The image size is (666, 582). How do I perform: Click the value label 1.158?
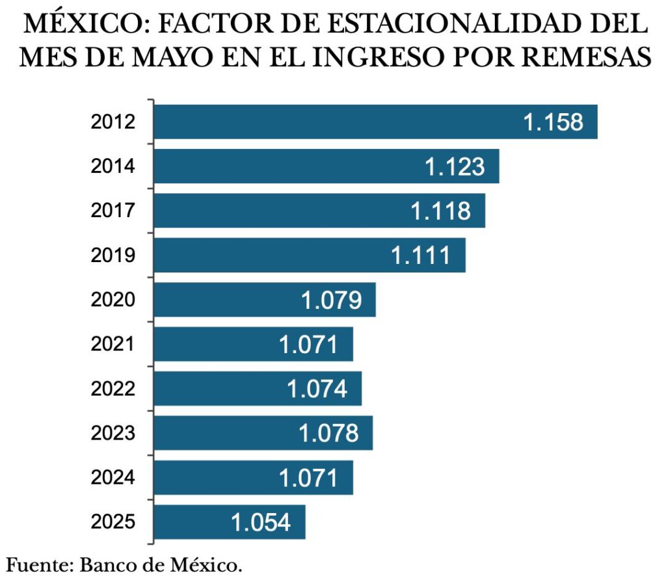click(x=553, y=122)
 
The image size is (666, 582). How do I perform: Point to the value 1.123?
click(x=455, y=166)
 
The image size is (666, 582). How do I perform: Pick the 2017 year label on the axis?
click(x=113, y=211)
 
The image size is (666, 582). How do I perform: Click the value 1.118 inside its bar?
click(x=441, y=211)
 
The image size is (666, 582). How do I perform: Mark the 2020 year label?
click(x=113, y=300)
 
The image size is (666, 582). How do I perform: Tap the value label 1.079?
click(x=331, y=300)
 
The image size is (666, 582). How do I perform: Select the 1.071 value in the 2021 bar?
click(x=309, y=344)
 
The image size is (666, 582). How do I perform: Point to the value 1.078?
click(x=328, y=433)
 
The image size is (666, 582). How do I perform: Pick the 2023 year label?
click(x=113, y=433)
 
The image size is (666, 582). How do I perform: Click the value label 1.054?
click(x=261, y=522)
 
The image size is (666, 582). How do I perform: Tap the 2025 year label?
click(x=113, y=522)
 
